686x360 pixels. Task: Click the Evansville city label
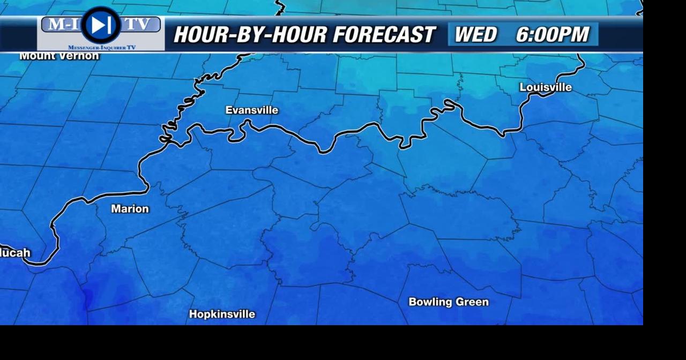[x=251, y=110]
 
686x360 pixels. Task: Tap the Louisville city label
[x=546, y=87]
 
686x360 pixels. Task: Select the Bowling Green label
[x=449, y=302]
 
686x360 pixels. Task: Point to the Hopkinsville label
[x=222, y=314]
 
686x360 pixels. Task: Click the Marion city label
[x=130, y=209]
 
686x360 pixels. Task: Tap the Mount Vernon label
[x=59, y=56]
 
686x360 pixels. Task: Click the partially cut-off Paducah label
[x=15, y=253]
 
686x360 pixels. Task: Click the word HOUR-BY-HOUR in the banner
[x=250, y=35]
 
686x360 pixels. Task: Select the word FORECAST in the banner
[x=384, y=35]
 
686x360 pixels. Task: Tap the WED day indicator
[x=475, y=35]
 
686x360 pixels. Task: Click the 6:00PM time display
[x=552, y=35]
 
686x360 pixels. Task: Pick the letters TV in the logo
[x=138, y=24]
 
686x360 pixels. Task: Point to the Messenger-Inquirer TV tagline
[x=102, y=48]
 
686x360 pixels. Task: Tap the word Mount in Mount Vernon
[x=35, y=56]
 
